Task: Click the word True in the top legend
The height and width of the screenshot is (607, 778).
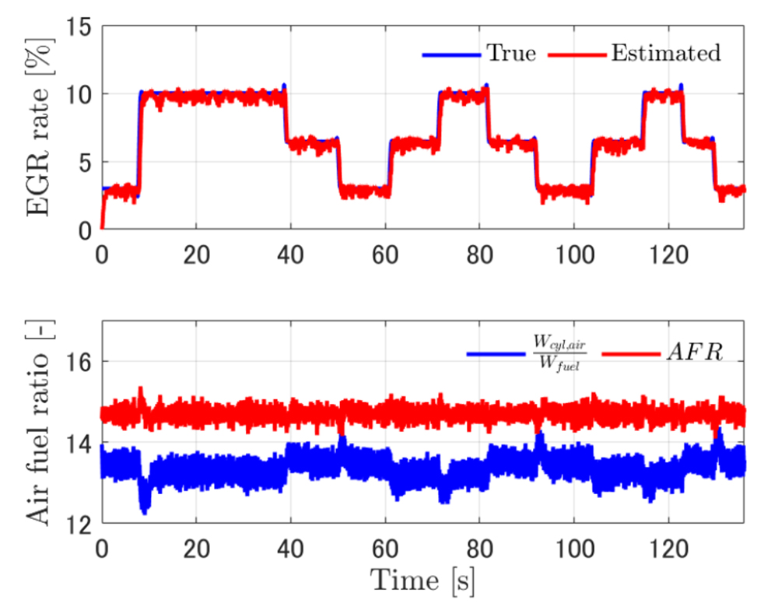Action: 510,54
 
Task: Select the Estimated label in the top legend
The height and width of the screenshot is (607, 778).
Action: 665,54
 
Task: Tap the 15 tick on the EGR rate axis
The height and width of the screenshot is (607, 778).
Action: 80,26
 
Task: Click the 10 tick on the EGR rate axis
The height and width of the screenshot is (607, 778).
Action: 80,94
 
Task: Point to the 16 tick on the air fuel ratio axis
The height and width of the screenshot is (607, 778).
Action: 80,363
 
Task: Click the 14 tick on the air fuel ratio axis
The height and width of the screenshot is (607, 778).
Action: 80,444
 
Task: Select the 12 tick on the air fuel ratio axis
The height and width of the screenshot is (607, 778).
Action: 80,525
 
